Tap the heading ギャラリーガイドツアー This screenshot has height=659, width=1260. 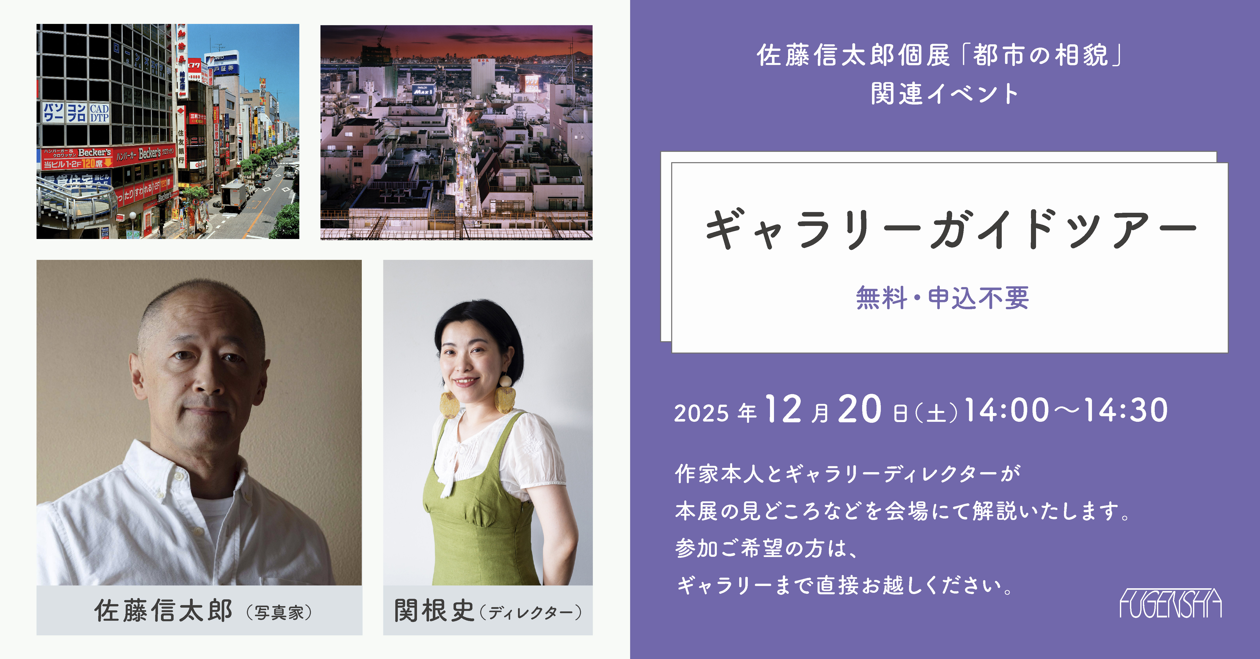point(950,229)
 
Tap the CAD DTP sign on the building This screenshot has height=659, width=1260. point(99,113)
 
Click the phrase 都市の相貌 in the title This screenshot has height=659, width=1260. point(1040,55)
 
